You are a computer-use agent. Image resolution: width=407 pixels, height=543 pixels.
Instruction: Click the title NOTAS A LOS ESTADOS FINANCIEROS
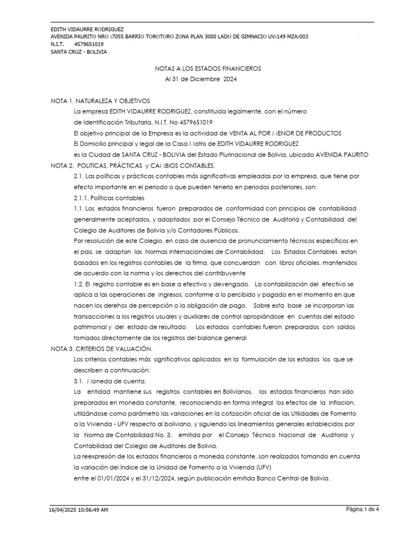[208, 68]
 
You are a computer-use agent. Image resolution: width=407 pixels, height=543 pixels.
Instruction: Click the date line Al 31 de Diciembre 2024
[201, 79]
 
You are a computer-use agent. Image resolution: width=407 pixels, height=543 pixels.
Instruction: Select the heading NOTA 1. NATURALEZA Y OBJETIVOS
[100, 100]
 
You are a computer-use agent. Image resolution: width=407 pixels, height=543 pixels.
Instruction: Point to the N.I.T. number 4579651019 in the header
[90, 45]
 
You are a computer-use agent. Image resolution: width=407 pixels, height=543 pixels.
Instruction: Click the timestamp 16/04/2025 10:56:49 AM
[78, 510]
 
